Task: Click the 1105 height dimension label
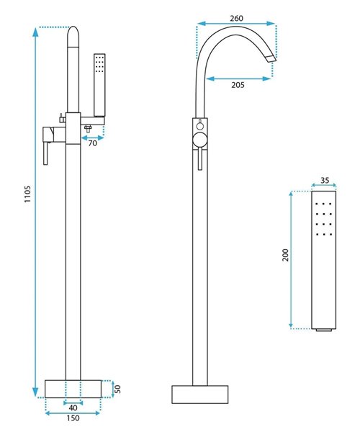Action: click(x=27, y=194)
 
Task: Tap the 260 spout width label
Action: click(x=236, y=18)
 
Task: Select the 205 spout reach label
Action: click(x=238, y=85)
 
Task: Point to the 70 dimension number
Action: click(x=92, y=143)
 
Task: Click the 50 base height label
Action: click(x=118, y=389)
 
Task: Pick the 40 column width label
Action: click(x=73, y=408)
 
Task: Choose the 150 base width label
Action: click(x=73, y=418)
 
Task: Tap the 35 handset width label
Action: click(x=325, y=180)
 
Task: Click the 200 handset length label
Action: click(x=286, y=255)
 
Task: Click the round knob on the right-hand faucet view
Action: click(x=200, y=140)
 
